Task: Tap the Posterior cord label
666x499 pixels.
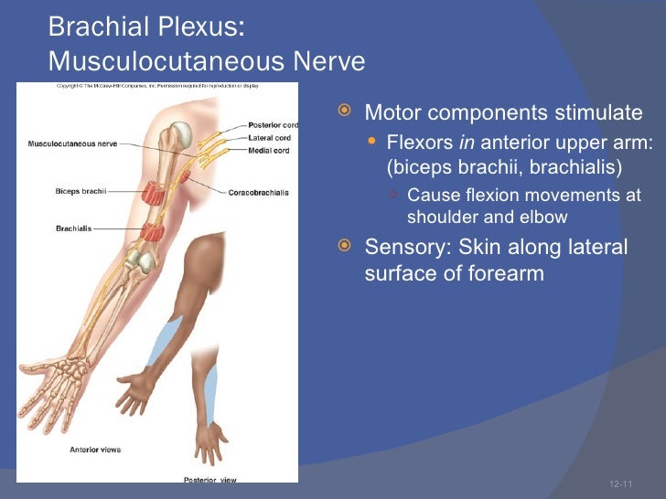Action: [273, 125]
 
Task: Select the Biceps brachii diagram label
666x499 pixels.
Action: [81, 191]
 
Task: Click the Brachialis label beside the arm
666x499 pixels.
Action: [73, 228]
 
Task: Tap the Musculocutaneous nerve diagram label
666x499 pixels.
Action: [72, 143]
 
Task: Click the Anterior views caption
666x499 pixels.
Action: [95, 450]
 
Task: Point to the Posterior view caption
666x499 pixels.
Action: [209, 480]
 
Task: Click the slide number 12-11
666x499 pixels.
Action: [620, 483]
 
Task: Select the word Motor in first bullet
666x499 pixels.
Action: [392, 113]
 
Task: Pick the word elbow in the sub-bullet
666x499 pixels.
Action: [545, 218]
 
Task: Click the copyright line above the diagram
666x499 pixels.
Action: [157, 86]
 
